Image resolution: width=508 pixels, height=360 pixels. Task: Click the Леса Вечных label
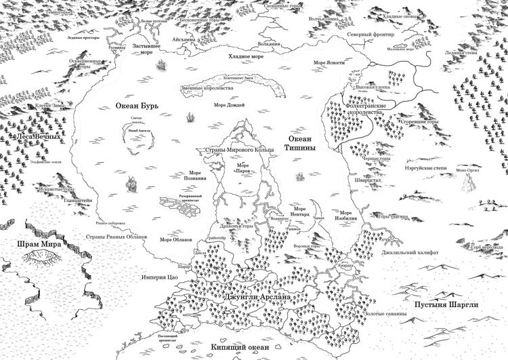41,136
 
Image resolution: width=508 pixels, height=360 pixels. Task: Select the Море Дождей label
229,105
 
